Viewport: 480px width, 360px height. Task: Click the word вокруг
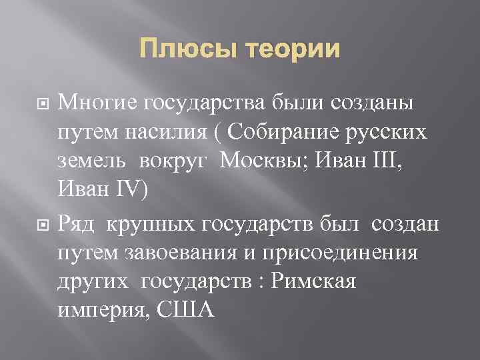pyautogui.click(x=177, y=161)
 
